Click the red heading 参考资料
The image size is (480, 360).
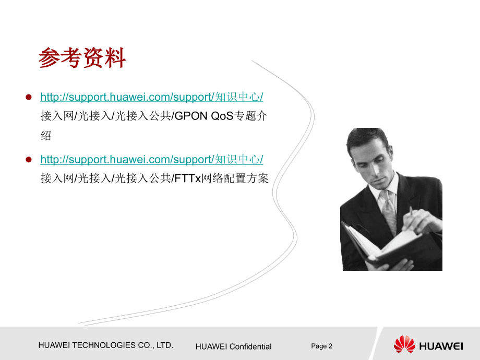click(82, 58)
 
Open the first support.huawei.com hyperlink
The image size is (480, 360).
click(151, 97)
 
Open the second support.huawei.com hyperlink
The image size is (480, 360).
click(151, 159)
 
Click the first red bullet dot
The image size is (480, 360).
click(29, 97)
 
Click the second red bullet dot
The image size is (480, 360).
click(29, 159)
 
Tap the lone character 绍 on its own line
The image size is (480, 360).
click(46, 136)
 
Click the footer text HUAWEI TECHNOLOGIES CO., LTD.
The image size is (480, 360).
click(106, 345)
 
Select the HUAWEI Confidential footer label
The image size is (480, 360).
click(233, 346)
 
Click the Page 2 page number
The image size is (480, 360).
click(321, 346)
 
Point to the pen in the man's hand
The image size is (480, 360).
click(411, 212)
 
